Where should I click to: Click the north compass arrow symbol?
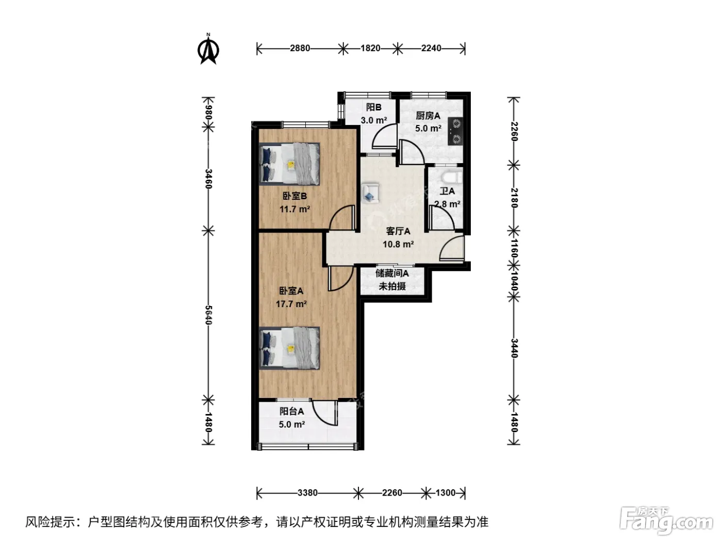[208, 50]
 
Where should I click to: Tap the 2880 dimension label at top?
[300, 49]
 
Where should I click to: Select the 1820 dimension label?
[370, 49]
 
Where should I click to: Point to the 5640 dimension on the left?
[208, 315]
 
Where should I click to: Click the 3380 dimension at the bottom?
[307, 493]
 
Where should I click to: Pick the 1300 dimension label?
[446, 493]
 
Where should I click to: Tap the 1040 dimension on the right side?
[514, 281]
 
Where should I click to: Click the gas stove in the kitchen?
[455, 131]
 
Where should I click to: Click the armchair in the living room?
[370, 193]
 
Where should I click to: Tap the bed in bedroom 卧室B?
[289, 164]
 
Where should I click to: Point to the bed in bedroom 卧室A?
[289, 348]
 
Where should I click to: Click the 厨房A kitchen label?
[428, 116]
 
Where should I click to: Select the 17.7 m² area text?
[291, 304]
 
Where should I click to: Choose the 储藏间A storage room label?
[392, 273]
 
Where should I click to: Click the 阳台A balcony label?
[292, 411]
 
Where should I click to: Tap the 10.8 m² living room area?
[398, 244]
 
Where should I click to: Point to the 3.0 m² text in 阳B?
[374, 120]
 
